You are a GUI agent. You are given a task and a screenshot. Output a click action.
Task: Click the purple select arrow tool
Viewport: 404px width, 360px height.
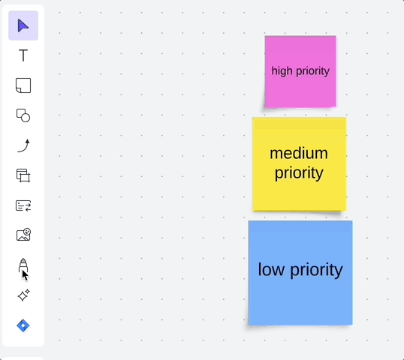point(23,26)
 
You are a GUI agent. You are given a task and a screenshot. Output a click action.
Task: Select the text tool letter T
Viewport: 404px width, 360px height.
point(23,55)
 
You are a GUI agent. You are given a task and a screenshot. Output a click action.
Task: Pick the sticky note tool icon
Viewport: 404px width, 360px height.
point(23,85)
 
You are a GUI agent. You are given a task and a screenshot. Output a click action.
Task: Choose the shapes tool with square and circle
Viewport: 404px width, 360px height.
point(23,115)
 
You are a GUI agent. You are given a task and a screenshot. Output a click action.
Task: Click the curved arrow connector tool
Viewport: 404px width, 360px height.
point(23,145)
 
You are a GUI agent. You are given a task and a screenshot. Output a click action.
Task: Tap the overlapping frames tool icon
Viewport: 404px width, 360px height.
point(23,175)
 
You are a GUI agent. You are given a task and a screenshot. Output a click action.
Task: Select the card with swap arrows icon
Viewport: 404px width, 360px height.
point(23,205)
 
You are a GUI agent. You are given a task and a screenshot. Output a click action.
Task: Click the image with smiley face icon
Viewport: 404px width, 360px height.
point(23,235)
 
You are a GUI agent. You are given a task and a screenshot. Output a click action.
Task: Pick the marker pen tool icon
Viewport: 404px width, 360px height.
point(23,265)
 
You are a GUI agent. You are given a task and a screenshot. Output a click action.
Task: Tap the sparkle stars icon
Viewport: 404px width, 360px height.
point(23,295)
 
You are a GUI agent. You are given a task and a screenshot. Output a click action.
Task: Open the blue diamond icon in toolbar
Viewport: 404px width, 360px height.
point(23,325)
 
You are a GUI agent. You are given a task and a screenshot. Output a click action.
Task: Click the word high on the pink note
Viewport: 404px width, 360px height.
point(282,71)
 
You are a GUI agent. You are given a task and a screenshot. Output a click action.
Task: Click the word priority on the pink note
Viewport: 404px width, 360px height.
point(312,71)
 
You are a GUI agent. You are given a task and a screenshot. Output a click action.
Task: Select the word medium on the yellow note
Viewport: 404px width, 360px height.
point(299,153)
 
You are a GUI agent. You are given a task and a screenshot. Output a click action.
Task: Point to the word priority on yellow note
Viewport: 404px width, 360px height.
point(299,173)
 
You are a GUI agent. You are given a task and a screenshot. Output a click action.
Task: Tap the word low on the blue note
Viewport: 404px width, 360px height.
point(271,269)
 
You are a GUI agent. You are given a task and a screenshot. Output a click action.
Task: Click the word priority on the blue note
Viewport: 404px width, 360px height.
point(316,271)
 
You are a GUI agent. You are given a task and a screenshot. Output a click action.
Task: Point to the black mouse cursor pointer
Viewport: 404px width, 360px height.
point(25,275)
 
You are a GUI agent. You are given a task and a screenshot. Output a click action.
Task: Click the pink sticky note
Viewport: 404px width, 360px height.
point(300,72)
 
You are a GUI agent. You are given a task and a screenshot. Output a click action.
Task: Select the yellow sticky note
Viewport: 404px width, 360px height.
point(300,164)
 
